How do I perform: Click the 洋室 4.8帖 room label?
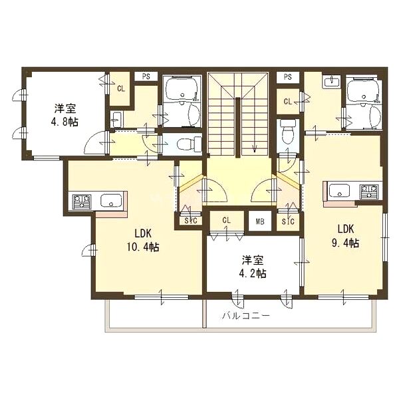(65, 115)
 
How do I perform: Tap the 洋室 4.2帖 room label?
(253, 267)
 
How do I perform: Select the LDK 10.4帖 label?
(143, 239)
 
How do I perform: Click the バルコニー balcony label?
(245, 316)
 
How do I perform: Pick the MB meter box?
(260, 221)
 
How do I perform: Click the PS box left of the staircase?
(146, 76)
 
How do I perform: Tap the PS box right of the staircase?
(288, 76)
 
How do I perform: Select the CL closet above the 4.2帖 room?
(226, 220)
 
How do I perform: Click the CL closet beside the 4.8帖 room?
(121, 88)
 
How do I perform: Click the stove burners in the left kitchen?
(82, 201)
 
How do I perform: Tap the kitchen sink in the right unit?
(339, 191)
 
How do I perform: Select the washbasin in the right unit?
(332, 82)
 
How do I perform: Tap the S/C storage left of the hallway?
(191, 221)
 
